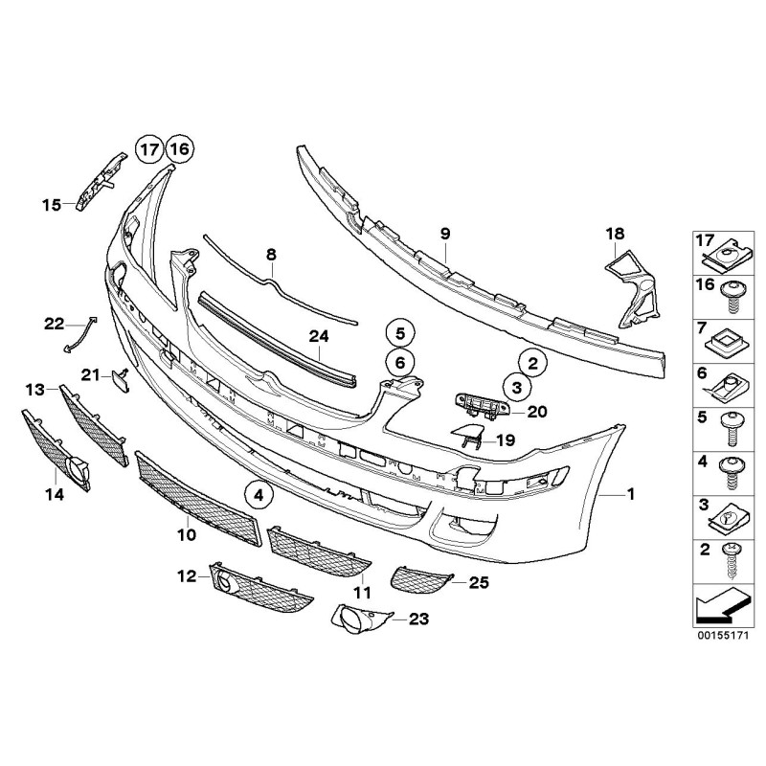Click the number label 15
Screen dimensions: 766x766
pyautogui.click(x=52, y=203)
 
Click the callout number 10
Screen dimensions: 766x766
pyautogui.click(x=186, y=533)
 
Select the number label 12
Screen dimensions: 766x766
pyautogui.click(x=187, y=575)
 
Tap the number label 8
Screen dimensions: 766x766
pyautogui.click(x=271, y=255)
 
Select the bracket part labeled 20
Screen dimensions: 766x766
pyautogui.click(x=481, y=406)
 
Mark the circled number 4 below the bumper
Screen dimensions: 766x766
pyautogui.click(x=258, y=495)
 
